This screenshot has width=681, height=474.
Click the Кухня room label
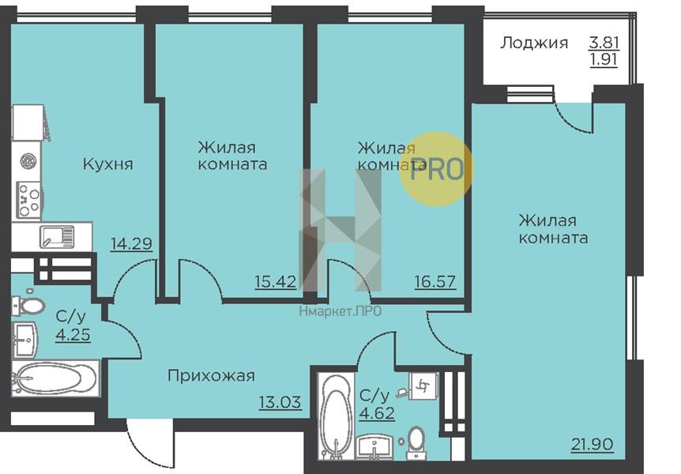pyautogui.click(x=107, y=164)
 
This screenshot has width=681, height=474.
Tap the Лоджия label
pyautogui.click(x=534, y=43)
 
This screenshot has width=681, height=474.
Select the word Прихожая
pyautogui.click(x=211, y=376)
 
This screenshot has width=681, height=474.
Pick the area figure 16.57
pyautogui.click(x=435, y=280)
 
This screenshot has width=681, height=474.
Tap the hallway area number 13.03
pyautogui.click(x=280, y=402)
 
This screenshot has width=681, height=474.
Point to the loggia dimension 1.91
pyautogui.click(x=604, y=60)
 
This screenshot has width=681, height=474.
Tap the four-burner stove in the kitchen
pyautogui.click(x=30, y=199)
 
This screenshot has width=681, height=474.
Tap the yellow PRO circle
pyautogui.click(x=436, y=168)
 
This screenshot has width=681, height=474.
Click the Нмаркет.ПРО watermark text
pyautogui.click(x=340, y=310)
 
